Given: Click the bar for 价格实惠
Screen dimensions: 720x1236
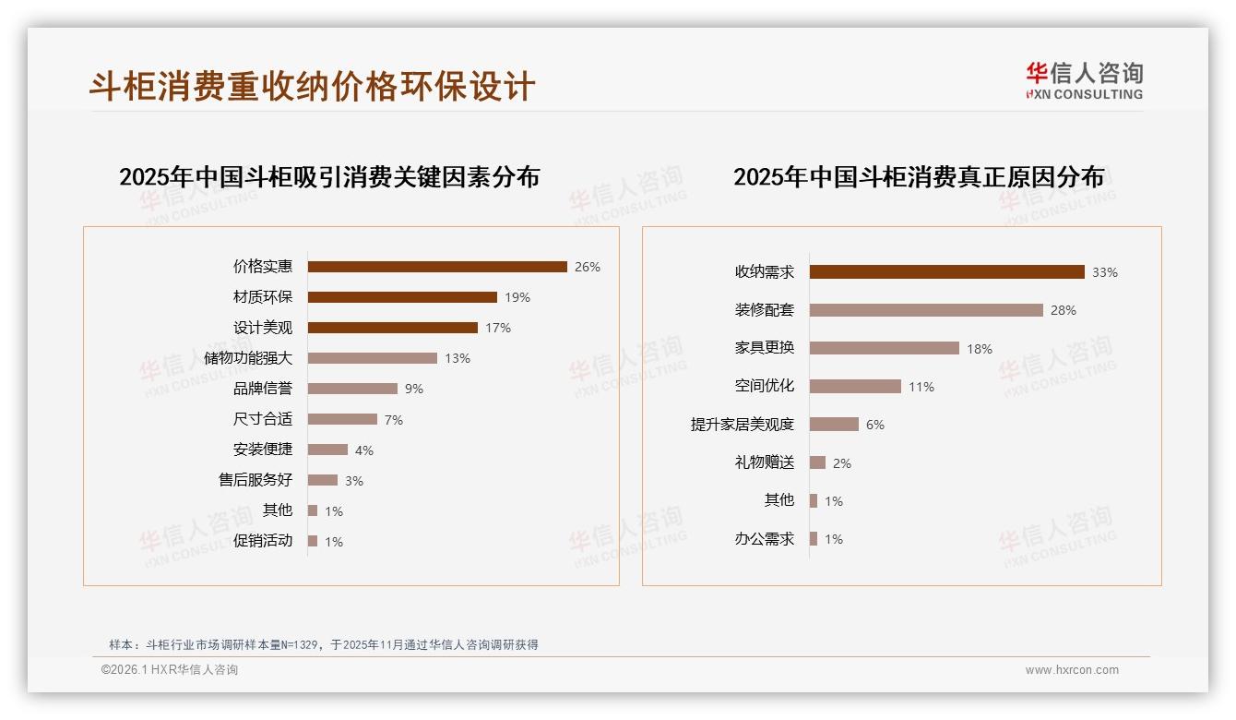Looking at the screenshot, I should click(437, 267).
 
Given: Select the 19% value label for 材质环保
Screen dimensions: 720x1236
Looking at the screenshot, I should click(517, 297).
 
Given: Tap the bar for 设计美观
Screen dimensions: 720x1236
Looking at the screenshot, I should click(393, 328).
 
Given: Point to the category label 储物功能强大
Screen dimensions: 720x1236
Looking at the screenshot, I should click(248, 358).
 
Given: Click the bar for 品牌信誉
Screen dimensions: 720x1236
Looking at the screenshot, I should click(352, 389).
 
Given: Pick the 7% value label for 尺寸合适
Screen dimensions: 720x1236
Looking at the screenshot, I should click(394, 420).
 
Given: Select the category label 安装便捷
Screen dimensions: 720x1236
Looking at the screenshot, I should click(263, 450).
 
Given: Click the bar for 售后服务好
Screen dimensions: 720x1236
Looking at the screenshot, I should click(323, 480).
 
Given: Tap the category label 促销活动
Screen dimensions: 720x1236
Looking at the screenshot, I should click(263, 541).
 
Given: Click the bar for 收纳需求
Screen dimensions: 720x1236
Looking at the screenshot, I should click(946, 272).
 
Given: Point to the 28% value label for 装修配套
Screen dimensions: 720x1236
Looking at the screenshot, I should click(1064, 310).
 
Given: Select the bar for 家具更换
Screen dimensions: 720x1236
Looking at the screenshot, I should click(885, 348).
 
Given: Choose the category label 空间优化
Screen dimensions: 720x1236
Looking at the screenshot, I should click(765, 386).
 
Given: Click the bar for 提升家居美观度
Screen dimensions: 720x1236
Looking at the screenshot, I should click(834, 425).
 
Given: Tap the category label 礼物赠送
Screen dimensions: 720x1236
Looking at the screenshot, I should click(765, 462).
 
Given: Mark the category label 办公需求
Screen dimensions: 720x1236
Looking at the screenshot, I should click(765, 539).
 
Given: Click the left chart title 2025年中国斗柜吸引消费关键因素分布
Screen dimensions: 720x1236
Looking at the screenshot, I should click(329, 176).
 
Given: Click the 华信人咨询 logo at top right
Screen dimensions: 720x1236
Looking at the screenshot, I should click(1084, 80).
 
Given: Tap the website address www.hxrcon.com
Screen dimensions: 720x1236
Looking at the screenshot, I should click(1072, 670).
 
